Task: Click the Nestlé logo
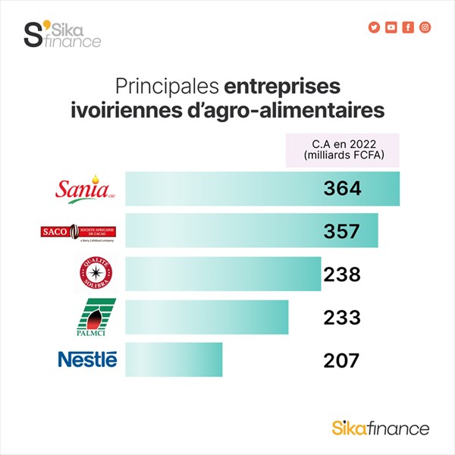[88, 359]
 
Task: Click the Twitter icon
[373, 27]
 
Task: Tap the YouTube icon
[391, 27]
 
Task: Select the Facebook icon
[408, 27]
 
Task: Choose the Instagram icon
[425, 27]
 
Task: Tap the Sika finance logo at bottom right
[381, 428]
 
